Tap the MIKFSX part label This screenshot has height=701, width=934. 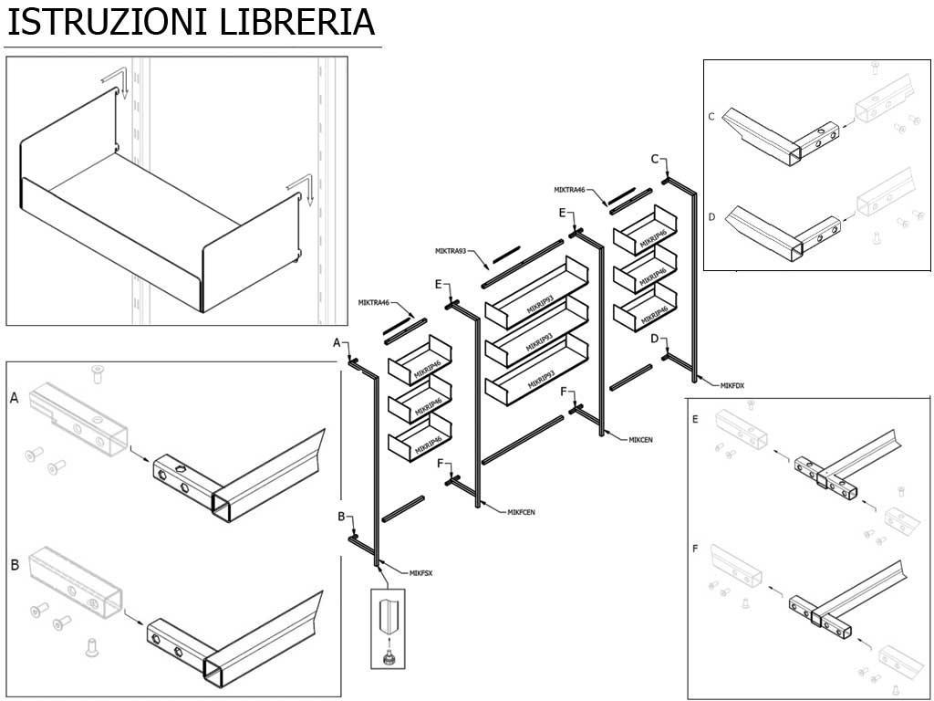click(x=421, y=573)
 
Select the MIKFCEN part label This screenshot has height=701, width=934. click(x=521, y=512)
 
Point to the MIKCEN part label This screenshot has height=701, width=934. click(x=640, y=440)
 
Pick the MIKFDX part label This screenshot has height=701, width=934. click(x=732, y=385)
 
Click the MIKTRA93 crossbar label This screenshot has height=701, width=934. click(x=451, y=250)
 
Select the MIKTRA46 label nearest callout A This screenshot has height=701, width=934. click(x=374, y=302)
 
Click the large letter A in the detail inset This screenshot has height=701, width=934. click(x=14, y=398)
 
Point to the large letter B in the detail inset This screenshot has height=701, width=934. click(x=15, y=565)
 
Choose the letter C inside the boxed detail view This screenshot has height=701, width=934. click(x=711, y=116)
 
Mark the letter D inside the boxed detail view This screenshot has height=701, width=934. click(x=711, y=216)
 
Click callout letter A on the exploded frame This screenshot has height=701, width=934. click(x=337, y=342)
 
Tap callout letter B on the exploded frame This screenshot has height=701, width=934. click(x=341, y=517)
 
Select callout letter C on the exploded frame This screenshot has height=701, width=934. click(x=654, y=159)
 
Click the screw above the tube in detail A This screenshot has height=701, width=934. click(x=98, y=372)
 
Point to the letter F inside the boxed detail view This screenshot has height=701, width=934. click(x=696, y=549)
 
